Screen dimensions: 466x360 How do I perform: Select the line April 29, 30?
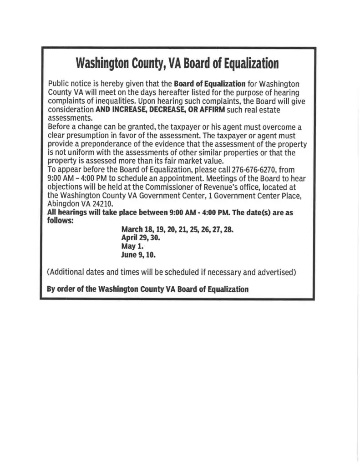click(x=141, y=238)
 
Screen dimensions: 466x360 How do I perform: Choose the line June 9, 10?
click(x=138, y=255)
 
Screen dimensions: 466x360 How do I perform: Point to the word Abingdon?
click(x=63, y=204)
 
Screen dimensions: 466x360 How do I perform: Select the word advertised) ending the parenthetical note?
click(x=277, y=272)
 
